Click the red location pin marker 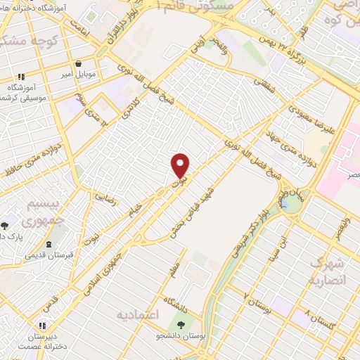181,165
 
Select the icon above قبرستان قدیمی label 49,245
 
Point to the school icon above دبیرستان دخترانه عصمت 42,326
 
